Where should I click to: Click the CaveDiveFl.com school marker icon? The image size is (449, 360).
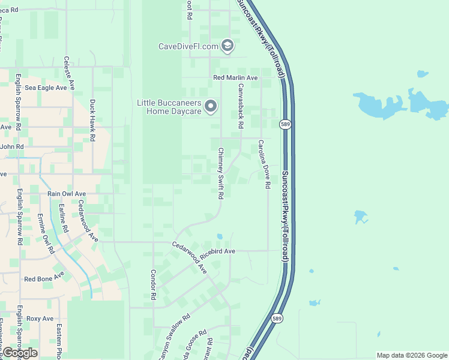(228, 46)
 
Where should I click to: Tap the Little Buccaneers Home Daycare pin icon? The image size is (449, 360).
(211, 107)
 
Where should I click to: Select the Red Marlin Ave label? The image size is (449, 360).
(235, 78)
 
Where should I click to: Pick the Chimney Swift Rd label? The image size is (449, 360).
(220, 173)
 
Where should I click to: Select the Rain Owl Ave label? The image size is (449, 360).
(67, 194)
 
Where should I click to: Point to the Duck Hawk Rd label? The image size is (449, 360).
(92, 120)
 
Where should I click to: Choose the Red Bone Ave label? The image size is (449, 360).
(44, 278)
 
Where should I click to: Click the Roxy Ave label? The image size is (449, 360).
(40, 319)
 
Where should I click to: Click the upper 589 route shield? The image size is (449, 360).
(285, 124)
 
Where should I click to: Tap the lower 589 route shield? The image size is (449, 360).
(276, 318)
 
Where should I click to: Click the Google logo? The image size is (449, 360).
(20, 353)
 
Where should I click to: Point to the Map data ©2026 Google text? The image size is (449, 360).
(412, 355)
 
